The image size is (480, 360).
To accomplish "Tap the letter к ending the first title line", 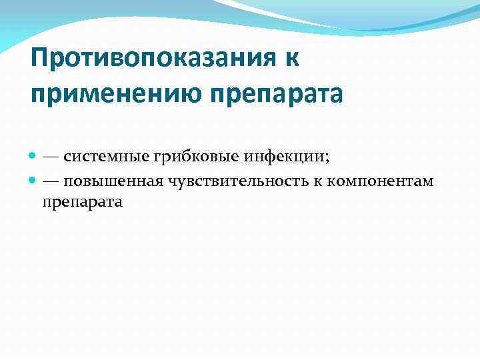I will tap(292, 59).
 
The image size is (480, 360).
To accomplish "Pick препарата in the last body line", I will tap(82, 201).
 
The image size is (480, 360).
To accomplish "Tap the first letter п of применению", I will tap(38, 93).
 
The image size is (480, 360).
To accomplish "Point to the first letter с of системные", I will tap(67, 158).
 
